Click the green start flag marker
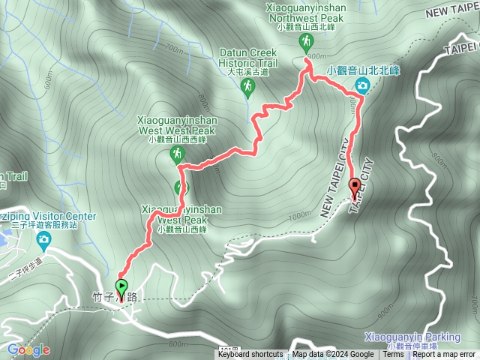(121, 286)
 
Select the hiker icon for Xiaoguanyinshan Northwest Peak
(305, 40)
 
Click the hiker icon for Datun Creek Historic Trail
(247, 87)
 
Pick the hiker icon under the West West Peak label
(177, 154)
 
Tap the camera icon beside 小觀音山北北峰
(362, 86)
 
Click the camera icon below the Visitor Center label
(43, 239)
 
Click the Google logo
(28, 349)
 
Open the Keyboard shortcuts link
(250, 355)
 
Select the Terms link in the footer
(393, 355)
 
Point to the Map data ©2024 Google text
(333, 355)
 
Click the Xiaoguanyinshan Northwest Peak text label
(304, 13)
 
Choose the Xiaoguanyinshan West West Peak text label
(176, 124)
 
